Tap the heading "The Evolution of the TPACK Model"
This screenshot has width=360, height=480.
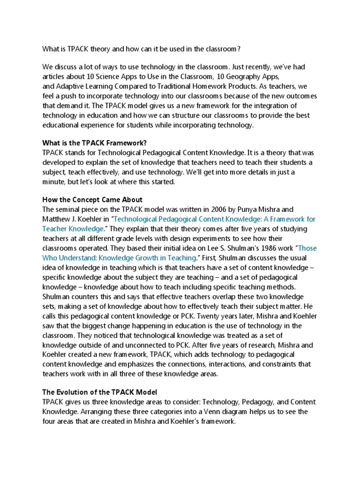(x=100, y=392)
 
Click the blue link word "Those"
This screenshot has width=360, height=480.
(x=307, y=248)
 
